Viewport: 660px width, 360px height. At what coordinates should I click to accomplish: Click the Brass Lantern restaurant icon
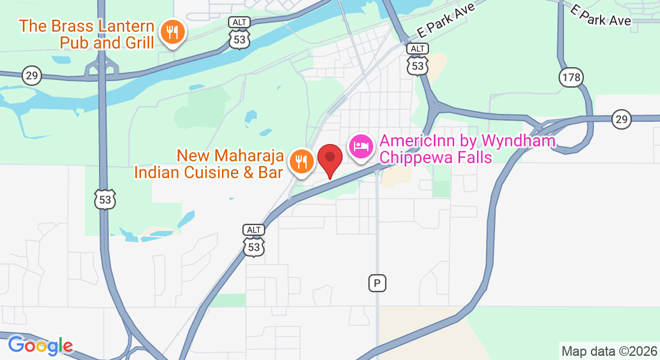click(173, 33)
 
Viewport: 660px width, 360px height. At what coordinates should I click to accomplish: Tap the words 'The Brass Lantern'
click(86, 26)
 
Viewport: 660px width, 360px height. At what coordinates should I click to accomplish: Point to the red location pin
click(329, 159)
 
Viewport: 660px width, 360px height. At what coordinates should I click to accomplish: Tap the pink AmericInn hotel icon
click(361, 146)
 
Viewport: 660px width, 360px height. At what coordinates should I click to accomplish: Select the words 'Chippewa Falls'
click(436, 158)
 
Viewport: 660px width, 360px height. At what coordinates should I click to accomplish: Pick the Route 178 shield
click(571, 77)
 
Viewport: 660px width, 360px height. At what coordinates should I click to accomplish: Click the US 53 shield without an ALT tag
click(105, 199)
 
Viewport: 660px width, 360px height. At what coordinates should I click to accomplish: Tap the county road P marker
click(377, 283)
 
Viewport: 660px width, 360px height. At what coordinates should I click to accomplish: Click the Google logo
click(40, 346)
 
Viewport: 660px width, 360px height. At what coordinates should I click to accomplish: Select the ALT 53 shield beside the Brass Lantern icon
click(239, 34)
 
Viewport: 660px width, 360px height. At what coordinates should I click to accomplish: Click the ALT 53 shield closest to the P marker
click(254, 240)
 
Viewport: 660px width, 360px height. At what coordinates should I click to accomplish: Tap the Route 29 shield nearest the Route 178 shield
click(622, 119)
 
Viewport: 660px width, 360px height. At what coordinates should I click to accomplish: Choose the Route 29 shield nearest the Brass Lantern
click(31, 76)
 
